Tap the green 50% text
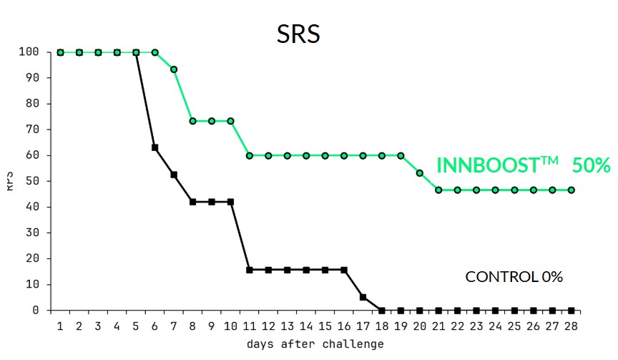[591, 165]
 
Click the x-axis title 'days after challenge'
[315, 344]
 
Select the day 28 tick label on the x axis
[571, 326]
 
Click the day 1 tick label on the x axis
[60, 326]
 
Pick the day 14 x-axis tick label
[306, 326]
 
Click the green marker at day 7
[174, 69]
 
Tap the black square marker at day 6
[154, 147]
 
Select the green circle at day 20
[420, 173]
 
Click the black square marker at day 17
[363, 297]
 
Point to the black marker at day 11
[249, 270]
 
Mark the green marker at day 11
[249, 155]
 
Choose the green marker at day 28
[571, 190]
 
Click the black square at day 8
[192, 202]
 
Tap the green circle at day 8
[192, 121]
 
